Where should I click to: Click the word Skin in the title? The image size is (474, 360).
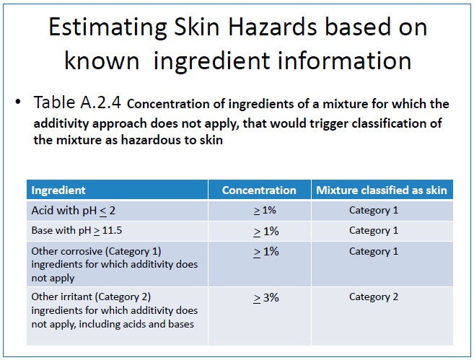(x=197, y=27)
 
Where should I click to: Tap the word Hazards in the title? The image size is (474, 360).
(x=273, y=27)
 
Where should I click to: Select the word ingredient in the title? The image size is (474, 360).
(x=211, y=61)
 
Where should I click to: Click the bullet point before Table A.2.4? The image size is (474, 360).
(x=18, y=102)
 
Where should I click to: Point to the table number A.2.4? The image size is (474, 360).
(x=101, y=102)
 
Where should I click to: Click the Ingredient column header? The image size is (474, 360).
(x=58, y=190)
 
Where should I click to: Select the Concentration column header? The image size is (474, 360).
(x=259, y=190)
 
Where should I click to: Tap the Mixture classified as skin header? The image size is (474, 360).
(x=382, y=190)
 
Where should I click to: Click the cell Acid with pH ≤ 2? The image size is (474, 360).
(x=74, y=211)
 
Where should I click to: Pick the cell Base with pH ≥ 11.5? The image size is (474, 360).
(x=76, y=231)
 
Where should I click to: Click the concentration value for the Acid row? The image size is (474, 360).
(x=265, y=211)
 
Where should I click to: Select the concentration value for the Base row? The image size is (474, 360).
(x=265, y=232)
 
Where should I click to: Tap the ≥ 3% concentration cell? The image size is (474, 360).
(x=265, y=298)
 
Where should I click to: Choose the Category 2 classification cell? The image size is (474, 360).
(x=374, y=297)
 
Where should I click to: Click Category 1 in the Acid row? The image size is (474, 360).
(x=374, y=211)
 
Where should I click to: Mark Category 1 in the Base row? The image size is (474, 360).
(x=374, y=231)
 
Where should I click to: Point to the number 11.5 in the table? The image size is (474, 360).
(x=112, y=230)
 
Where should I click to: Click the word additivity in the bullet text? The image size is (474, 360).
(x=61, y=123)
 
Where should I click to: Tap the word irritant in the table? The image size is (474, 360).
(x=76, y=297)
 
